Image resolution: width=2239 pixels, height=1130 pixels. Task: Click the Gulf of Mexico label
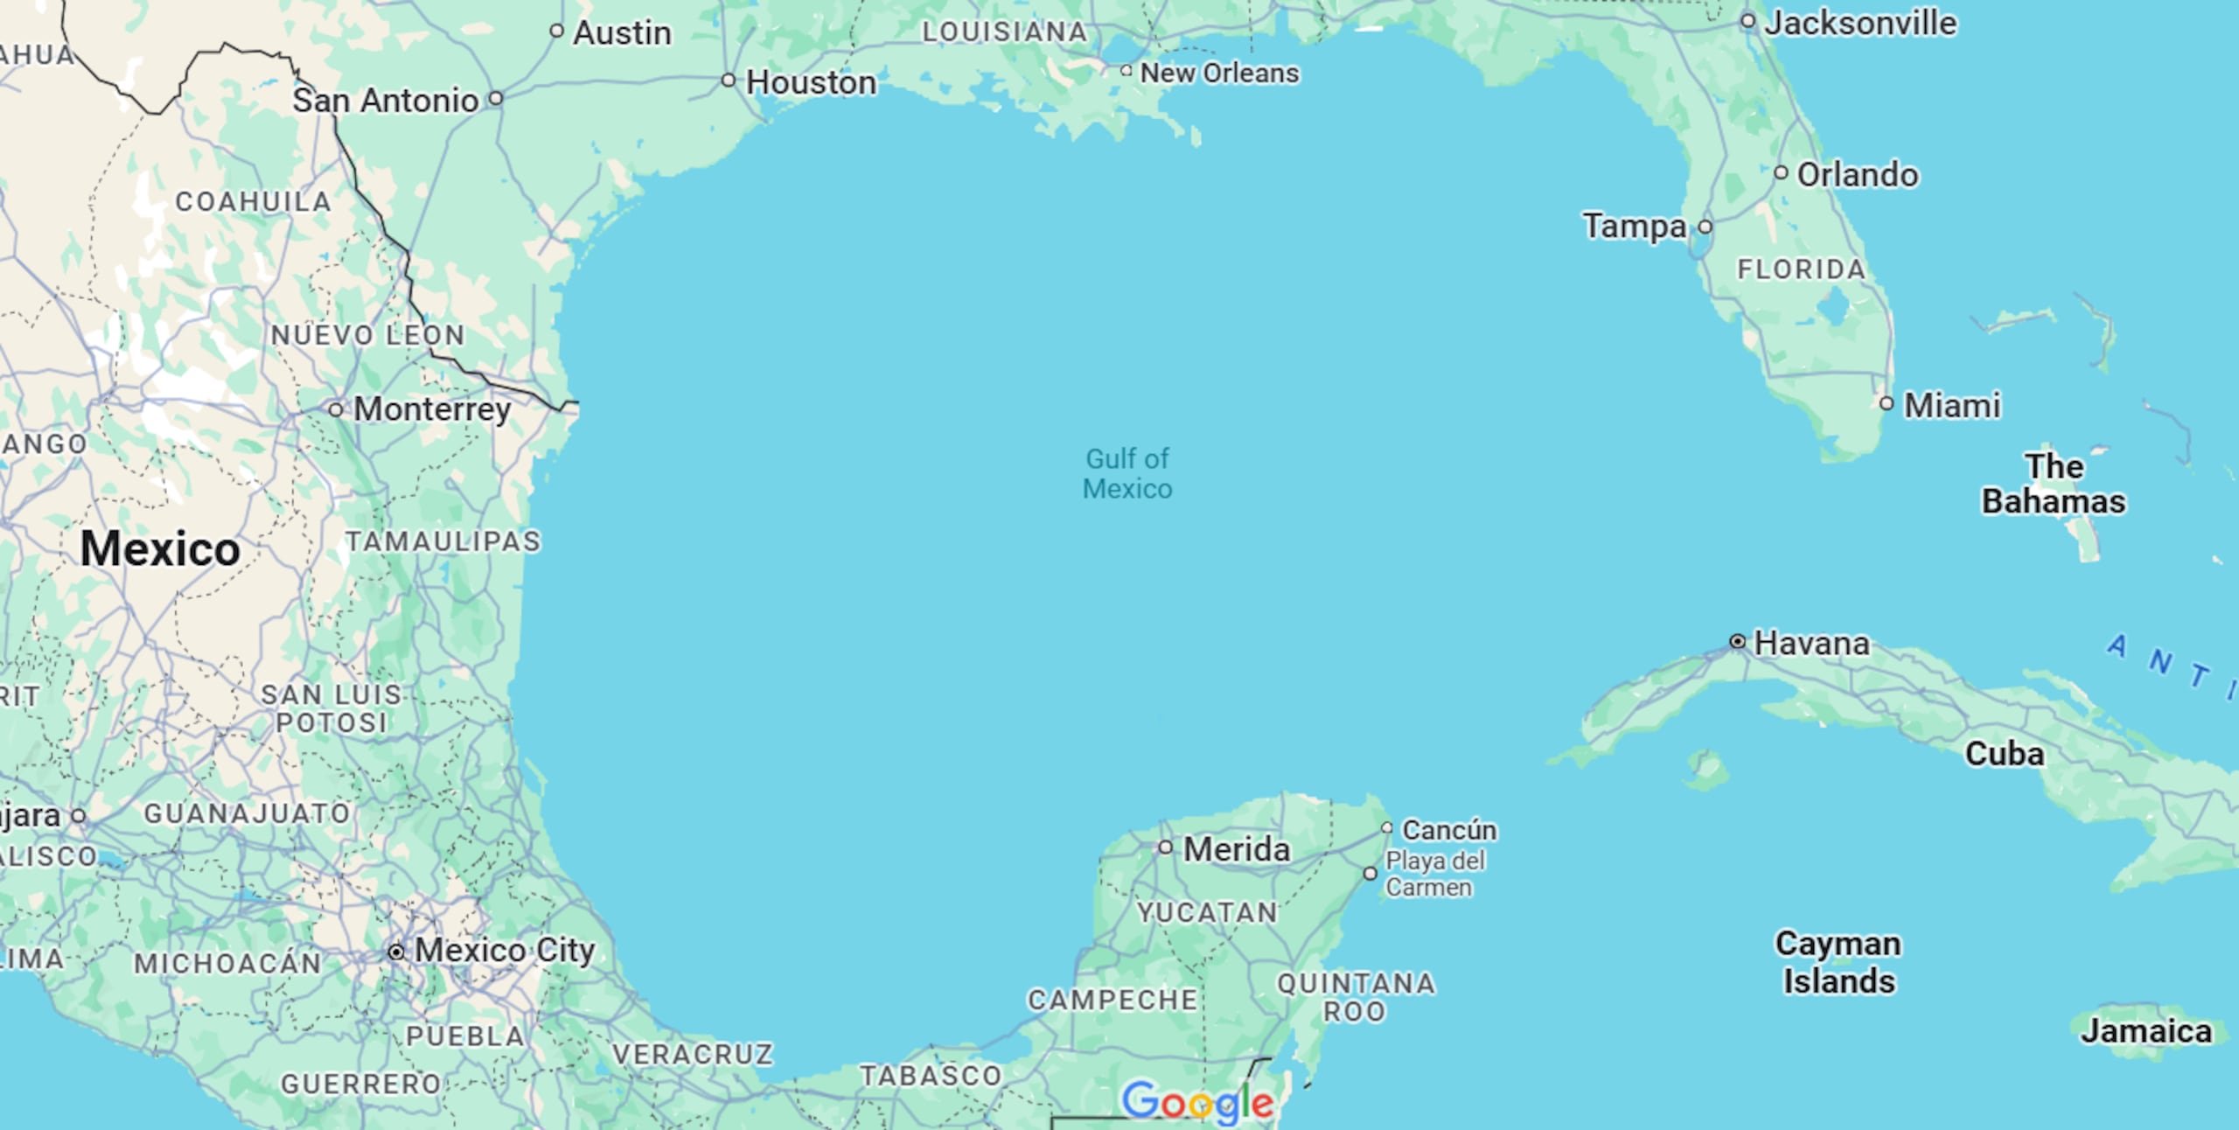click(1127, 473)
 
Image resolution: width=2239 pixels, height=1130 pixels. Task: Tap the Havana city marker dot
click(1738, 642)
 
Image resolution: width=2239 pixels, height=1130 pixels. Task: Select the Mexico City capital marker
click(396, 952)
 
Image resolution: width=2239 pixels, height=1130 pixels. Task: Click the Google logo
click(1197, 1102)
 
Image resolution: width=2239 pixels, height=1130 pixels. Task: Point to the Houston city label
click(811, 83)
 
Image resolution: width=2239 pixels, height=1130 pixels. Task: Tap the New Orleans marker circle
click(1126, 71)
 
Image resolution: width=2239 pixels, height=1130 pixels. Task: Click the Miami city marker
click(1887, 403)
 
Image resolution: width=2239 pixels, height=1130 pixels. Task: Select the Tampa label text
click(1634, 227)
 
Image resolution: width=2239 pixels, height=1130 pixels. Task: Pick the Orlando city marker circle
click(1781, 172)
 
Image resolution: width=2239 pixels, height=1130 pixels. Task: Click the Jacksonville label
click(1860, 24)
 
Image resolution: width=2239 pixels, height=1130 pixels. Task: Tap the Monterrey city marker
click(336, 409)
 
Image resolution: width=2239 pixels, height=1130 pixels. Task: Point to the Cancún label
click(1449, 829)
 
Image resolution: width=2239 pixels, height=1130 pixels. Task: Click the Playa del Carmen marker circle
click(1371, 874)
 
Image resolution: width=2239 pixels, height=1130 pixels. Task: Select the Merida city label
click(1236, 849)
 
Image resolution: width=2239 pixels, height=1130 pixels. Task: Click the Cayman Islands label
click(1838, 962)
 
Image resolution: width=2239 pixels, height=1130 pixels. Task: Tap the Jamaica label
click(2146, 1031)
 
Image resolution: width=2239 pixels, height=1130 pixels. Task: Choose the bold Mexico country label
click(160, 549)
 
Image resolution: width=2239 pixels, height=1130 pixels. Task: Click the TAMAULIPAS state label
click(443, 541)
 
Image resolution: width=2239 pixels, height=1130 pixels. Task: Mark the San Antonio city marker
click(496, 98)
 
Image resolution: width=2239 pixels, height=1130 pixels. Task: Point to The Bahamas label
click(2054, 484)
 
